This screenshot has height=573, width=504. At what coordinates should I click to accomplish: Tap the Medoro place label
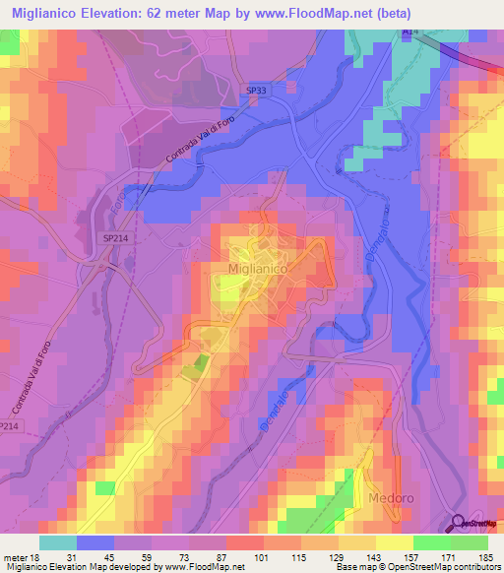point(391,499)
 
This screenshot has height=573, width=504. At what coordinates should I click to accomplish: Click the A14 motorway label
point(409,32)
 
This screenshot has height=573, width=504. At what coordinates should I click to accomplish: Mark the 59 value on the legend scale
point(153,557)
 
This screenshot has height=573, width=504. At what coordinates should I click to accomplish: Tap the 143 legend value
point(376,557)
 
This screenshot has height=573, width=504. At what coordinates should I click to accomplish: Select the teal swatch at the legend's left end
point(58,542)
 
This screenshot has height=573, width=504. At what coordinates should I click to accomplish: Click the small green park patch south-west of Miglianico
point(201,363)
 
